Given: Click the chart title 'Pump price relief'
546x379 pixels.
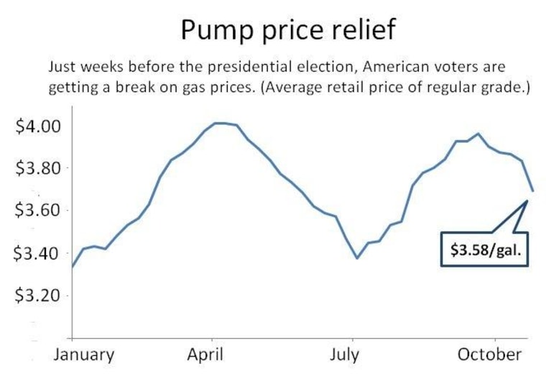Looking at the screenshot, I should [287, 30].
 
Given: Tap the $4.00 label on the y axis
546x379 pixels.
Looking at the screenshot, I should [39, 127].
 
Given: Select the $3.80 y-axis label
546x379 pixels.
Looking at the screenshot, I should [39, 169].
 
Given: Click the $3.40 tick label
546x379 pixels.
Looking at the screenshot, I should [39, 254].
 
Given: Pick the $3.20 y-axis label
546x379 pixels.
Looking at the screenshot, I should [39, 296].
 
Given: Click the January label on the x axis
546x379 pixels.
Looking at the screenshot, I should [83, 355].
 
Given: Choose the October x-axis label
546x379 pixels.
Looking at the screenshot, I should [491, 355].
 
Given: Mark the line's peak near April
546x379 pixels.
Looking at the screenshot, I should [219, 123].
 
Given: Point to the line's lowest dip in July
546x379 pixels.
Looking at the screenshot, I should [357, 257].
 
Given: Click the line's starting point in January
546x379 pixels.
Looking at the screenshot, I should [72, 267].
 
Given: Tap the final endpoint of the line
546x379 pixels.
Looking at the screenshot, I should [533, 191].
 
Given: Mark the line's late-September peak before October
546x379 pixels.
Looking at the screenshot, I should [478, 134].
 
